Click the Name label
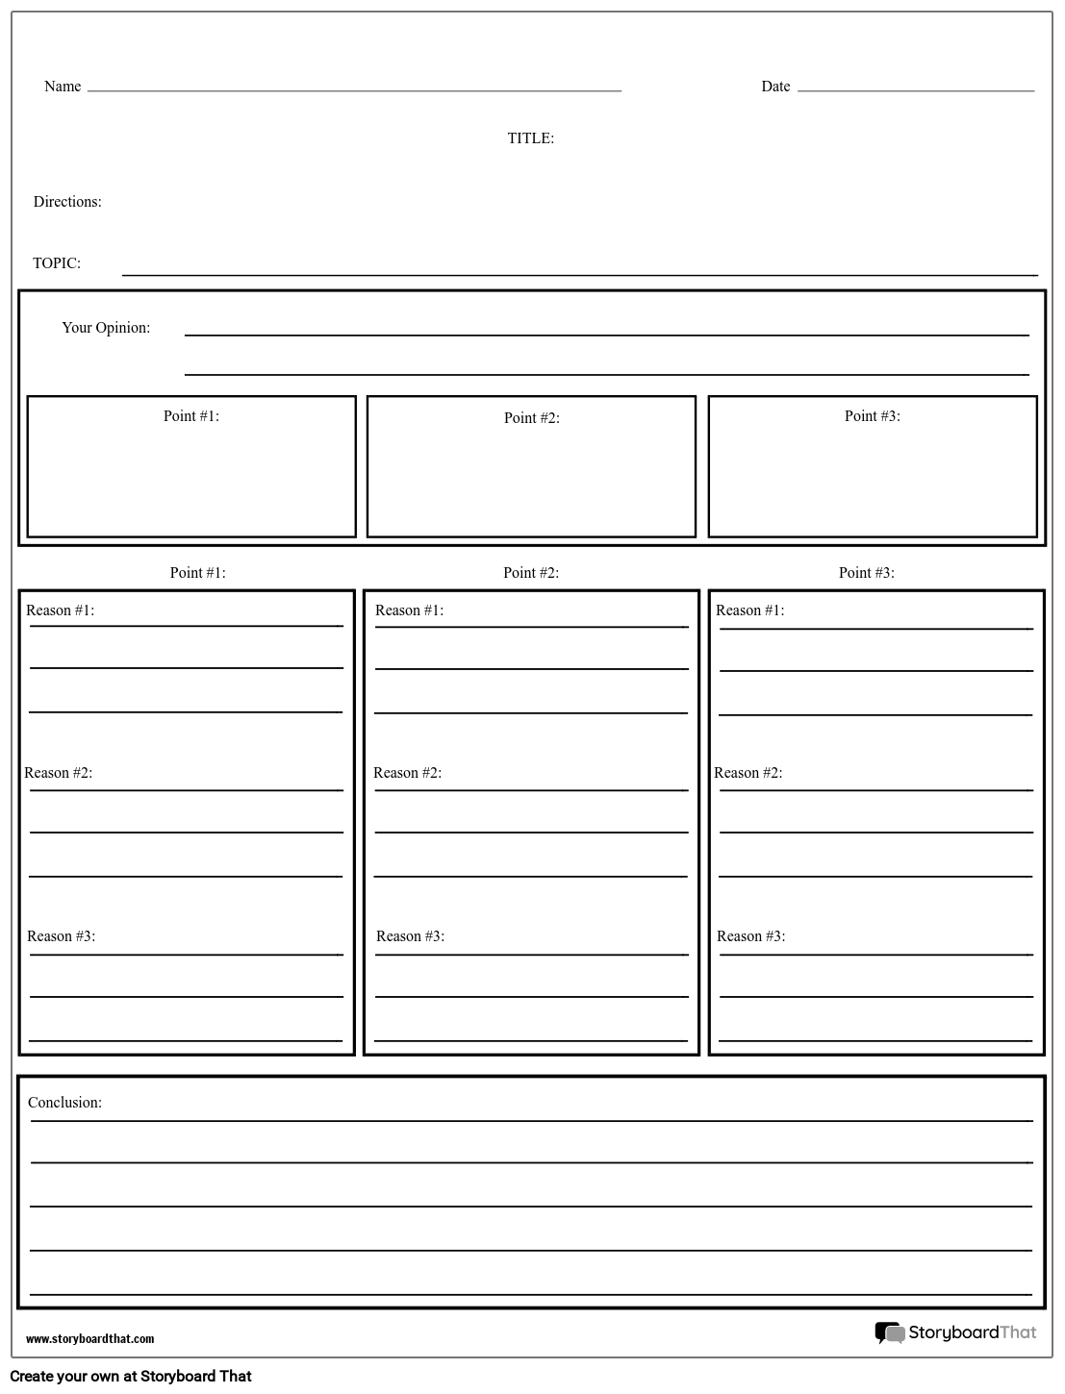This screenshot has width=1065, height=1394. tap(63, 87)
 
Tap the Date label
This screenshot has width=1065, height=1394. tap(775, 87)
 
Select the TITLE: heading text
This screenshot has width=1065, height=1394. tap(530, 138)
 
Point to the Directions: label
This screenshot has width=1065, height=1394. tap(67, 202)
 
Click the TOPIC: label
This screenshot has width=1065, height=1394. tap(57, 263)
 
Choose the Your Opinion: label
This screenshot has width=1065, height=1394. tap(106, 328)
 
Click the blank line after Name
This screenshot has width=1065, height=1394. tap(354, 90)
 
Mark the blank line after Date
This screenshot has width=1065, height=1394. tap(915, 90)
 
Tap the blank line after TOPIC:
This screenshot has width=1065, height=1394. tap(579, 274)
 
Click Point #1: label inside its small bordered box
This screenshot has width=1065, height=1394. tap(191, 416)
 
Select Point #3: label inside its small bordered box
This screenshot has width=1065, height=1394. tap(873, 416)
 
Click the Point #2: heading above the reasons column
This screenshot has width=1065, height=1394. tap(531, 573)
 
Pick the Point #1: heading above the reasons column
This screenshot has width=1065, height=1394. tap(198, 573)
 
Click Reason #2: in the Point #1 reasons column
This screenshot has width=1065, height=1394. tap(59, 773)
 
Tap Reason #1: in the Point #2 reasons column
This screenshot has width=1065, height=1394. tap(410, 610)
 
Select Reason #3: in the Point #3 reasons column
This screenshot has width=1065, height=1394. tap(751, 936)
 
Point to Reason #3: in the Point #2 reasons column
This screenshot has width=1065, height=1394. tap(411, 936)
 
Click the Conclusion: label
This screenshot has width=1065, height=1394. tap(64, 1103)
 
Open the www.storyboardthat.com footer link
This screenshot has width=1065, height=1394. tap(89, 1339)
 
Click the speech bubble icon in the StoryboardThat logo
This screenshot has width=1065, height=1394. tap(889, 1332)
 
